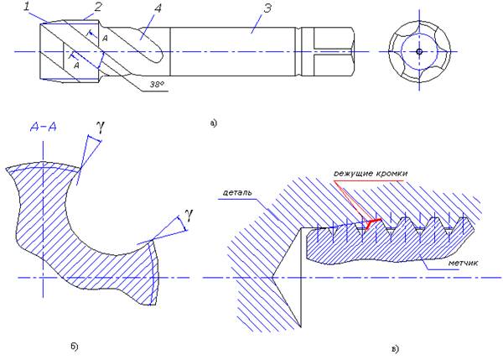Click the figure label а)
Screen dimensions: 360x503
213,123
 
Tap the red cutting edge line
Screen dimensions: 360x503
370,222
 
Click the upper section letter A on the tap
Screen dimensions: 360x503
104,39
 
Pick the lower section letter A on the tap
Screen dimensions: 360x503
76,64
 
